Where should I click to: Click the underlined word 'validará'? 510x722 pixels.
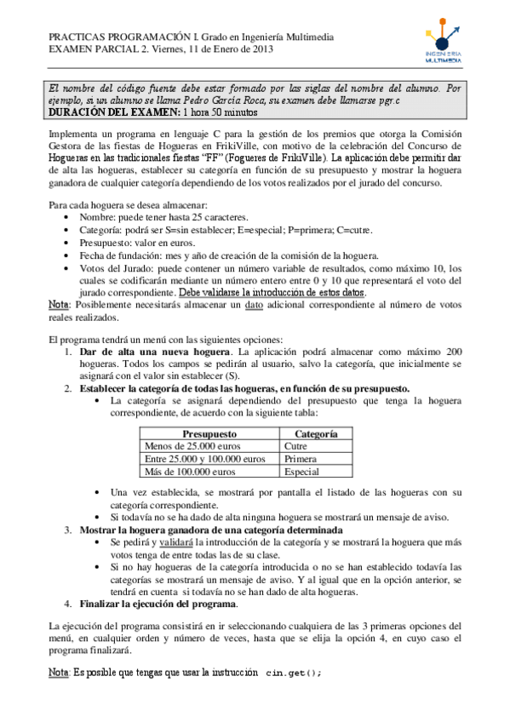[174, 541]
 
